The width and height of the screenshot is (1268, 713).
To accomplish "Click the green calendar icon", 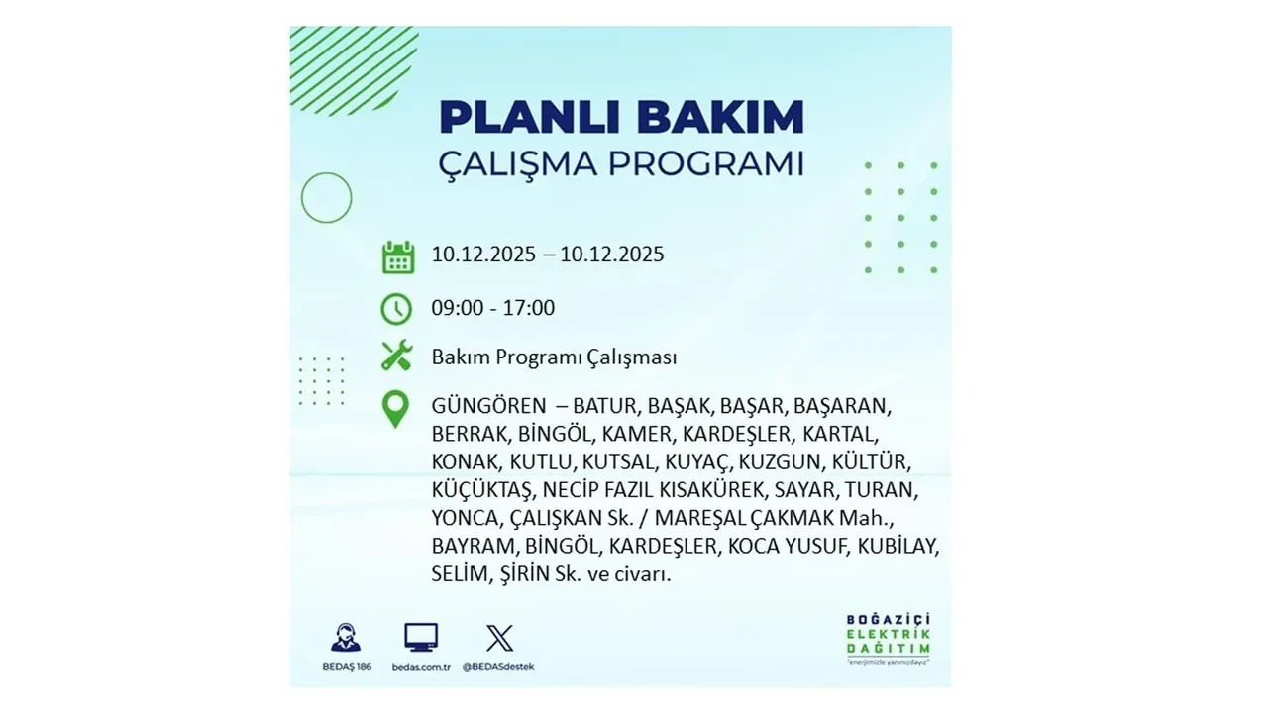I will click(397, 255).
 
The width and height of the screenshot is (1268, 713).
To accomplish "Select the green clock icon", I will click(396, 308).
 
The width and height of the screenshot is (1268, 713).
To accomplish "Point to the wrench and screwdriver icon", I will click(396, 356).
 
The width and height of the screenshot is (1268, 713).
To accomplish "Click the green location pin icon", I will click(395, 409).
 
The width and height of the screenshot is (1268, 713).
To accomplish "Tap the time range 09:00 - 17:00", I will click(492, 308).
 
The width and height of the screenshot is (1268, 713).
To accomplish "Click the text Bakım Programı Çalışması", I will click(554, 356).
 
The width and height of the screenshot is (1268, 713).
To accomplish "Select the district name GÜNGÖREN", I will click(488, 406).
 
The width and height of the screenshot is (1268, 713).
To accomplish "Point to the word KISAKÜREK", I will click(715, 489).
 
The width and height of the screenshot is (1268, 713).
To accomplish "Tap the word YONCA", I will click(464, 517).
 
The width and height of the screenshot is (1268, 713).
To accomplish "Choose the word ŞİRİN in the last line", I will click(515, 573).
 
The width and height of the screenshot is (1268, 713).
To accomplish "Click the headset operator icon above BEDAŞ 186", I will click(346, 637).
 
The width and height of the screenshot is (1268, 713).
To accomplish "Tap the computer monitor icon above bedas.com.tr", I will click(421, 637).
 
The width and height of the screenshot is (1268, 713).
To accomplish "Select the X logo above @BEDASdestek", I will click(499, 638).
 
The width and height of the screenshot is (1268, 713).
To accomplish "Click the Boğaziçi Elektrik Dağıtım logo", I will click(888, 640).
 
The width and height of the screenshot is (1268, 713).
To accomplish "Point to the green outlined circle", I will click(326, 197).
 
